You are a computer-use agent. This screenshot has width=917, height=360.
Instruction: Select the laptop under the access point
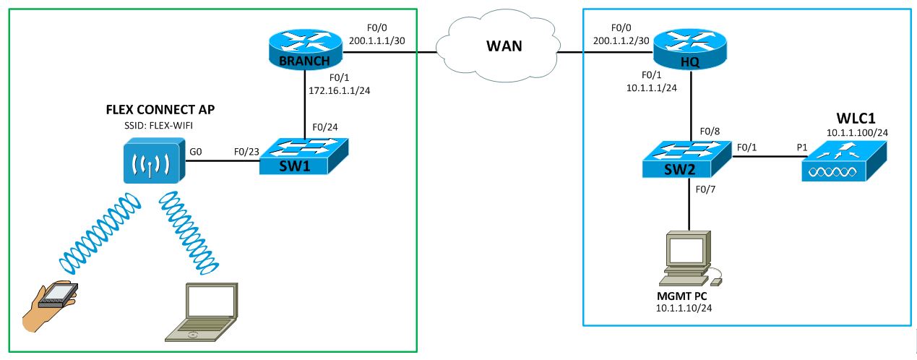coord(203,312)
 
